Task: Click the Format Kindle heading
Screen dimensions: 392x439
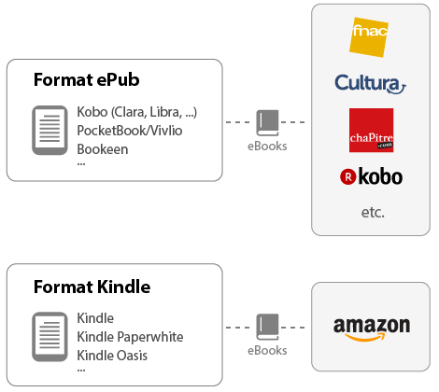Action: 92,286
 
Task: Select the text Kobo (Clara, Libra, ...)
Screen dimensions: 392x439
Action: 137,113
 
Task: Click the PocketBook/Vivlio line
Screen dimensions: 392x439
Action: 130,131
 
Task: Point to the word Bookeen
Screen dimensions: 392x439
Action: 103,148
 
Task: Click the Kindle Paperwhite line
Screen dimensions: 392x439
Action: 130,336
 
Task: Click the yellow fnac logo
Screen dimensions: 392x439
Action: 370,37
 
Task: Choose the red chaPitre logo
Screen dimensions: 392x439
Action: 371,131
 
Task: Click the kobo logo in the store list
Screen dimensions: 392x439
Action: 372,175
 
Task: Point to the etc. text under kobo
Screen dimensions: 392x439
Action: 373,213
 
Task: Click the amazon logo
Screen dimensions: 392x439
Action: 372,327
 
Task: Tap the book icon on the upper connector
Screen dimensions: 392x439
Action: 268,122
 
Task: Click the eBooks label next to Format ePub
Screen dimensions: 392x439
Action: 267,146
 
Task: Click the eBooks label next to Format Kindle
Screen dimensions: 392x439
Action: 267,351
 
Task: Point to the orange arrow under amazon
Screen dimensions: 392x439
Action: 374,338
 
